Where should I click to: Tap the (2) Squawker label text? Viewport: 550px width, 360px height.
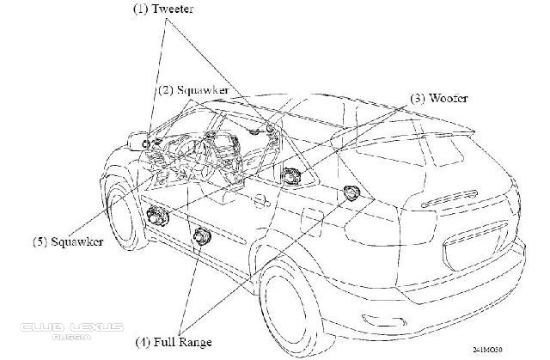point(194,89)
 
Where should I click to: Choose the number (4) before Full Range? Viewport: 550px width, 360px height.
point(144,341)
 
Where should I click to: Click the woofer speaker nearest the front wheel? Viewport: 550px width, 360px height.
point(156,217)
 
